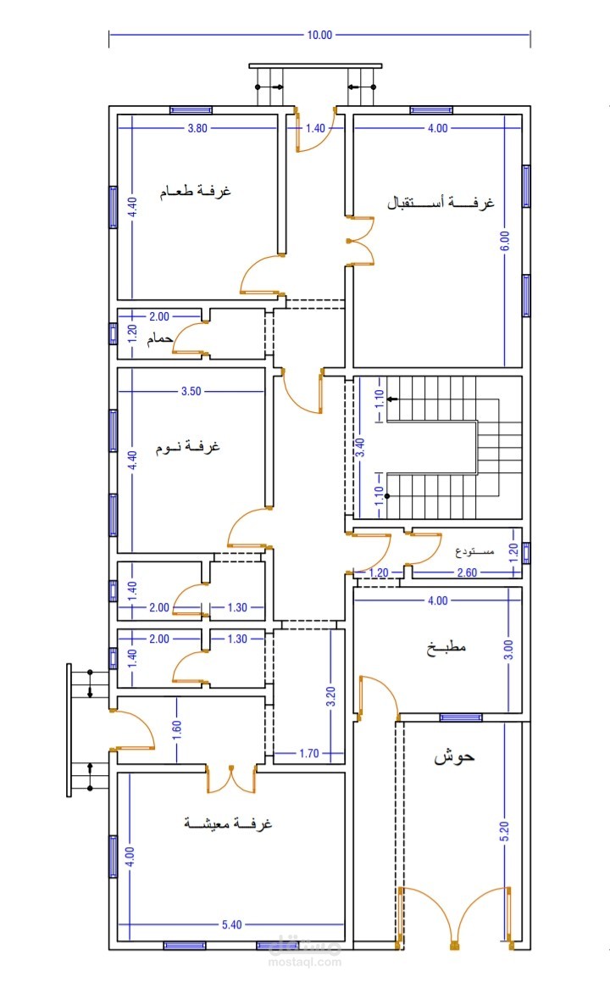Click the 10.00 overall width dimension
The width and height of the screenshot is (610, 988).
pos(319,36)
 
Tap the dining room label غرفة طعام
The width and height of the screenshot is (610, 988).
pos(195,190)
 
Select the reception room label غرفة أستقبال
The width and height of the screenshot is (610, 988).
pos(441,202)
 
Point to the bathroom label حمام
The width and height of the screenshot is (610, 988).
pos(160,338)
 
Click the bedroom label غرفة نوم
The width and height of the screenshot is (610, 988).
pos(187,447)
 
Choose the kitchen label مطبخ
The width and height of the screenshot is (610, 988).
pos(446,647)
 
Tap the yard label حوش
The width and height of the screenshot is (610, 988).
pos(454,756)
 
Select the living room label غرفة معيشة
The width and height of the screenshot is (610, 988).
pos(228,823)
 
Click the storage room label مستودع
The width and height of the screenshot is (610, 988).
pos(474,552)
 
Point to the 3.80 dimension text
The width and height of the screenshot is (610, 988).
pos(197,128)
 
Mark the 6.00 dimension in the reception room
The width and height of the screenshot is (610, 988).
pos(505,241)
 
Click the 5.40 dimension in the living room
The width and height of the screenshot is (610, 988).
pos(231,924)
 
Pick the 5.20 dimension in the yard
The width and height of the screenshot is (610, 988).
pos(504,831)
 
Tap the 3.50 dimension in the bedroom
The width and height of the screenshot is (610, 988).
pos(191,391)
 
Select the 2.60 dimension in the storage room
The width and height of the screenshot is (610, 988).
pos(467,572)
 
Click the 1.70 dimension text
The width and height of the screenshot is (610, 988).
pos(309,753)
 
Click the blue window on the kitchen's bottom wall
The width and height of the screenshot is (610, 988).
pos(461,717)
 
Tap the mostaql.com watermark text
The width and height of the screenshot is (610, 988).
pos(305,963)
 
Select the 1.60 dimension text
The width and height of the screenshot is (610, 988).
pos(177,729)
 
